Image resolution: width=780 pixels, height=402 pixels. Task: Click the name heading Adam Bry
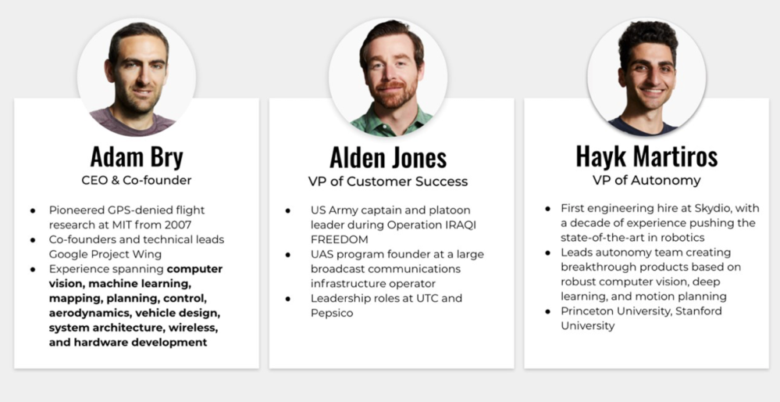[137, 156]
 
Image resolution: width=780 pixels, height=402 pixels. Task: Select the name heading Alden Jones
[388, 157]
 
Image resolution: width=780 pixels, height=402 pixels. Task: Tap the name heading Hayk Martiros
[646, 156]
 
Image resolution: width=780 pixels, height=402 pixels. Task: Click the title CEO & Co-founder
[137, 180]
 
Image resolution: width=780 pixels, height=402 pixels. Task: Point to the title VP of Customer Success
[388, 181]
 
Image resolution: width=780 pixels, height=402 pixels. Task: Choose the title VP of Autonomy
[646, 181]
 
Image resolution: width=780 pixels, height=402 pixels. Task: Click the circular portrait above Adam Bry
[137, 77]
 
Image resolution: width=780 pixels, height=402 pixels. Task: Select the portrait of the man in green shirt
[388, 77]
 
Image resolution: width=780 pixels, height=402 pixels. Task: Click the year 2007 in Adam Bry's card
[177, 224]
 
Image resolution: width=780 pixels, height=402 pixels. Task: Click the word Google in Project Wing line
[68, 254]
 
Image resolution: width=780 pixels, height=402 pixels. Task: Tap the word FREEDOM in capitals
[340, 239]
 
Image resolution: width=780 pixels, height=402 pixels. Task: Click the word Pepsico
[332, 314]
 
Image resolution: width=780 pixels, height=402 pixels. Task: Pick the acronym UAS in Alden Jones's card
[321, 254]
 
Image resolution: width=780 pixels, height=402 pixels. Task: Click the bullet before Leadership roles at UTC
[288, 299]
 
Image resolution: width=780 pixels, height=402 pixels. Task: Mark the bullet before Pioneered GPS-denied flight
[33, 211]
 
